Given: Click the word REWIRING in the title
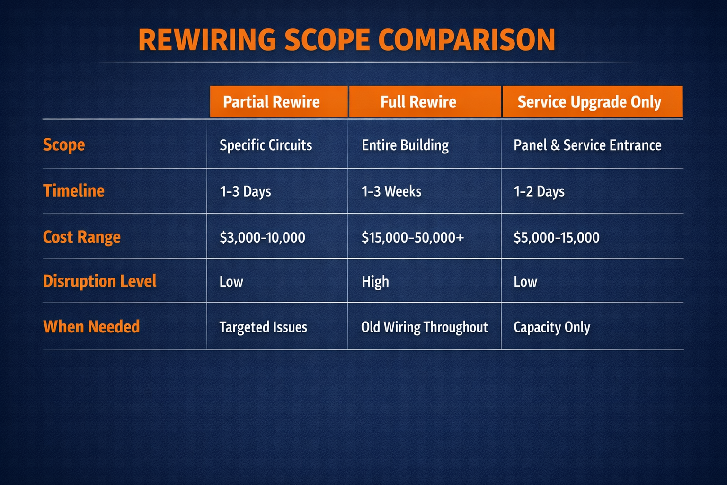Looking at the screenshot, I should click(x=207, y=40).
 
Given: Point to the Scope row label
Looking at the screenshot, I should click(x=64, y=144).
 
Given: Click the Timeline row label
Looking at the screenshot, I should click(x=74, y=190).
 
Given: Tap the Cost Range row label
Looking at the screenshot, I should click(x=82, y=236).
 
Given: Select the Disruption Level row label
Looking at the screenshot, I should click(x=99, y=281).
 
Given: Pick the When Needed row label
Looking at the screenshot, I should click(x=91, y=326).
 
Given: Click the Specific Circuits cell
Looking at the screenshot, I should click(x=266, y=145).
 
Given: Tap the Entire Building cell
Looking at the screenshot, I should click(x=405, y=145).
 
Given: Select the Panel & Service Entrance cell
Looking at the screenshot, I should click(x=587, y=145).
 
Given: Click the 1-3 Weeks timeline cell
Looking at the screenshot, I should click(x=391, y=191).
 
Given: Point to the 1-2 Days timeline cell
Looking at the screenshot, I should click(x=539, y=191).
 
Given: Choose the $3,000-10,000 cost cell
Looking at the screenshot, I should click(x=262, y=237).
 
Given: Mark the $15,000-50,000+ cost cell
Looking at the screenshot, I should click(x=413, y=237).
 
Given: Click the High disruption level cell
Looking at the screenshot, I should click(x=375, y=282).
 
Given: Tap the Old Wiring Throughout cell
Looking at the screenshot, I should click(x=425, y=327).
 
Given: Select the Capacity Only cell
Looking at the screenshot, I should click(x=552, y=327).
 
